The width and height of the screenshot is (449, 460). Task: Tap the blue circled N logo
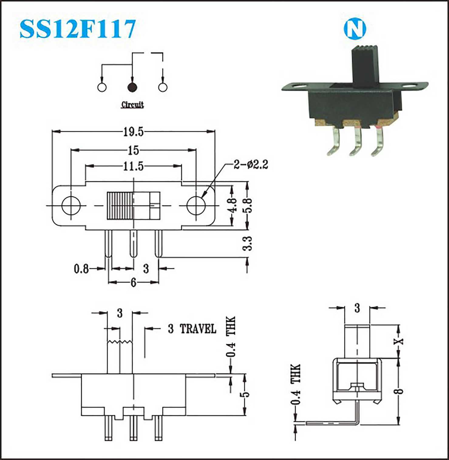[355, 29]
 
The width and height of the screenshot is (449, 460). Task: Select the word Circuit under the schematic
[132, 105]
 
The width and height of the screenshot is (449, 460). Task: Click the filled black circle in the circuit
[132, 87]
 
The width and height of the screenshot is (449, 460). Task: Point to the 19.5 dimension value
[133, 132]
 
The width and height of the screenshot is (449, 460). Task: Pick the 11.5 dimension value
[133, 166]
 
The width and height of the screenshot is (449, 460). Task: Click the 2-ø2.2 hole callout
[251, 165]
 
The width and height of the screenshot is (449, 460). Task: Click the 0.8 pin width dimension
[81, 269]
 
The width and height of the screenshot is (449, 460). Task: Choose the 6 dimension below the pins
[134, 283]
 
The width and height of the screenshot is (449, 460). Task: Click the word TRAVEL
[198, 329]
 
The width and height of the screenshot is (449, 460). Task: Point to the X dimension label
[399, 341]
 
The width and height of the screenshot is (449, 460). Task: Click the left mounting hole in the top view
[71, 206]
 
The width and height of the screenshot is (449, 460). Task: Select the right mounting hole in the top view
[196, 206]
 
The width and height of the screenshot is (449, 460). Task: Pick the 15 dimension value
[133, 150]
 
